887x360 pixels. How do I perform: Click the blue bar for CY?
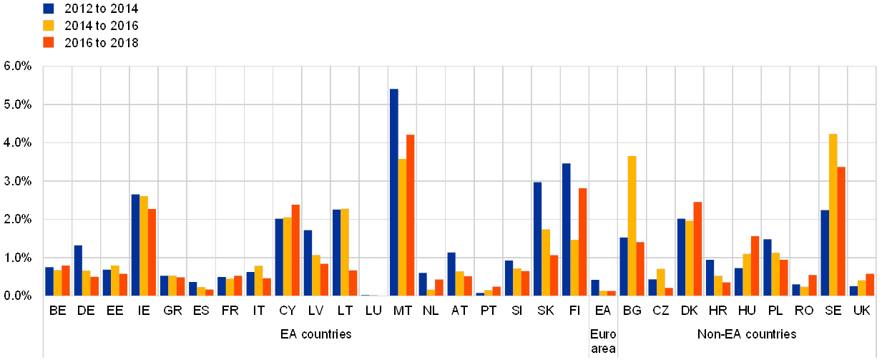coord(279,257)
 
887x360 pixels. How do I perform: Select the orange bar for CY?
coord(295,250)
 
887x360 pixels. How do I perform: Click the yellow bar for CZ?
coord(660,282)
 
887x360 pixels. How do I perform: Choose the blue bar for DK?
coord(681,257)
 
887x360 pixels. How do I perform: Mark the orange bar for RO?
coord(812,285)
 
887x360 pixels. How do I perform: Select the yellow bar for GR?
coord(172,286)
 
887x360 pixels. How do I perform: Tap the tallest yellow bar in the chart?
coord(833,215)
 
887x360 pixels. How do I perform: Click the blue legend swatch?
coord(49,9)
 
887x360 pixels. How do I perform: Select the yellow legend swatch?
coord(49,25)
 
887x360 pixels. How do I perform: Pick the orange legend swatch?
coord(49,42)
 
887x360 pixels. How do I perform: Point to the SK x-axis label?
coord(546,311)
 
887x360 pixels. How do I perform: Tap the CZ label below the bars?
coord(661,311)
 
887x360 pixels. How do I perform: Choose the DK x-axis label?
coord(690,311)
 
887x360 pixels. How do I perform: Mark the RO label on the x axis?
coord(804,311)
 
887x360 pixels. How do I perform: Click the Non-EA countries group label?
coord(747,334)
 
